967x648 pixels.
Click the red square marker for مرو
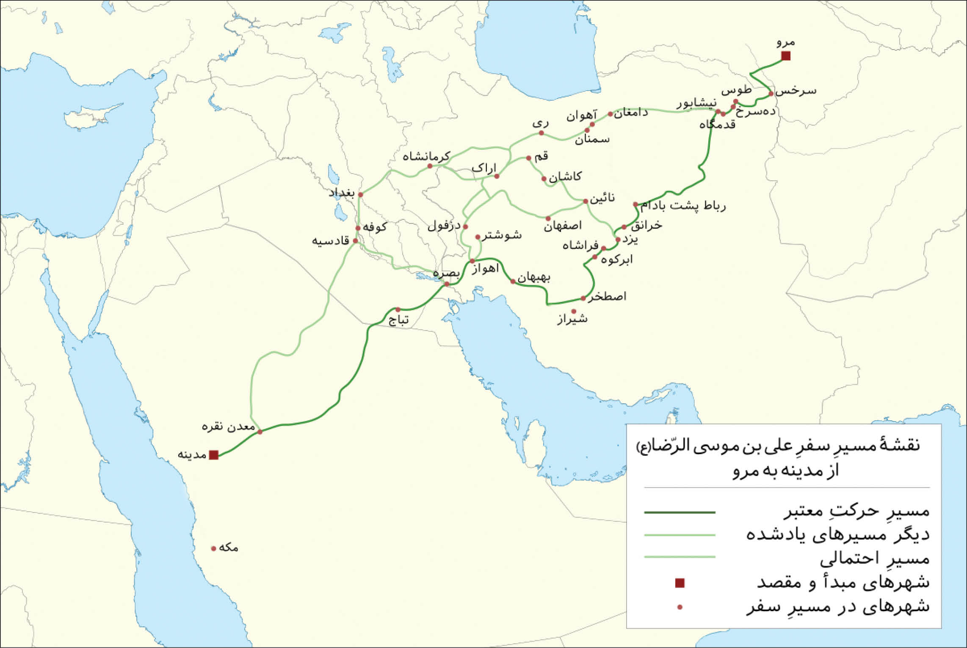coord(786,56)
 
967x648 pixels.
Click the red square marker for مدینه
coord(214,455)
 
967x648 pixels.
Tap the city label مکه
coord(229,548)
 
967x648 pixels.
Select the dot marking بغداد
coord(360,195)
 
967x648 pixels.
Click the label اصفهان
coord(563,226)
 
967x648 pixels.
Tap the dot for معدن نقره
coord(260,432)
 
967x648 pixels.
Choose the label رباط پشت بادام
coord(683,206)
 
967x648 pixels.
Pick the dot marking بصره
coord(447,284)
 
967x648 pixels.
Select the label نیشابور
coord(696,103)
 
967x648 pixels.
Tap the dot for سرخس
coord(771,94)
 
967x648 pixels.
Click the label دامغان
coord(631,113)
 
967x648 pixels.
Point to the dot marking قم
coord(528,158)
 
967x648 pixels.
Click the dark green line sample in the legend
coord(680,513)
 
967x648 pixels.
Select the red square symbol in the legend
coord(680,583)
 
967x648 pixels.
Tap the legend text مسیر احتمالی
coord(874,559)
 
